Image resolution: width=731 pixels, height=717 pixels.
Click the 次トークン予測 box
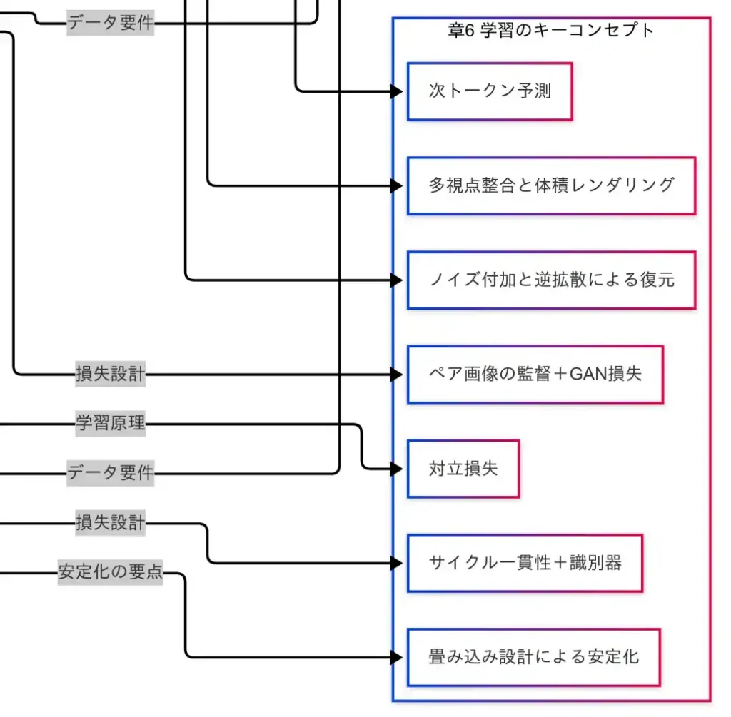tap(490, 91)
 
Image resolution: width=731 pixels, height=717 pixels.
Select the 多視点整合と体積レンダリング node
tap(551, 185)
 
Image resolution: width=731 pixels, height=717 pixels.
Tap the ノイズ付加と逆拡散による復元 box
tap(551, 280)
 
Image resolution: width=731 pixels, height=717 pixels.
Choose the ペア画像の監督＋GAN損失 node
tap(535, 374)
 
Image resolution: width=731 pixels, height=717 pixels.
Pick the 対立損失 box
tap(463, 469)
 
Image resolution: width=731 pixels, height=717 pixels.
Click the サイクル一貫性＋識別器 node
tap(525, 563)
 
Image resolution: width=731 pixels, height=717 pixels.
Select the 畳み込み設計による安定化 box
tap(533, 657)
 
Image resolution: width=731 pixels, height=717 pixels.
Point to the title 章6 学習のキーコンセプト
tap(551, 31)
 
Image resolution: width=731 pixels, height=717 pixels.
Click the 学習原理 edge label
tap(111, 424)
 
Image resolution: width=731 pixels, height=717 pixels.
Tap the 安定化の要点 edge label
tap(111, 572)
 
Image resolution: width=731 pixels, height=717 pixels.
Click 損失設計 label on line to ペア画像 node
tap(111, 373)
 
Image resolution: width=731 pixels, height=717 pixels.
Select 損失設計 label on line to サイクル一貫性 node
tap(111, 523)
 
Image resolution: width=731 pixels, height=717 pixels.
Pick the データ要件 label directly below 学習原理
tap(111, 472)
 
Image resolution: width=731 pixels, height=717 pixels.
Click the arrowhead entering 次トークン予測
tap(397, 91)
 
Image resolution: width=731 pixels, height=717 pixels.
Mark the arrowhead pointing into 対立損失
tap(397, 469)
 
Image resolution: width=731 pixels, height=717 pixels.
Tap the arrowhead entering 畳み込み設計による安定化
tap(397, 657)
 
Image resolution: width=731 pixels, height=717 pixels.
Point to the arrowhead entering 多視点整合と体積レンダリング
tap(397, 185)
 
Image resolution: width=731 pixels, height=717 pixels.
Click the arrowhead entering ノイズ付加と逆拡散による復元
tap(397, 280)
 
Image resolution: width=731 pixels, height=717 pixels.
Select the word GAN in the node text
tap(588, 374)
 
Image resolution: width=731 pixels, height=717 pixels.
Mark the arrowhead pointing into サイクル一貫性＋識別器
tap(397, 563)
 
